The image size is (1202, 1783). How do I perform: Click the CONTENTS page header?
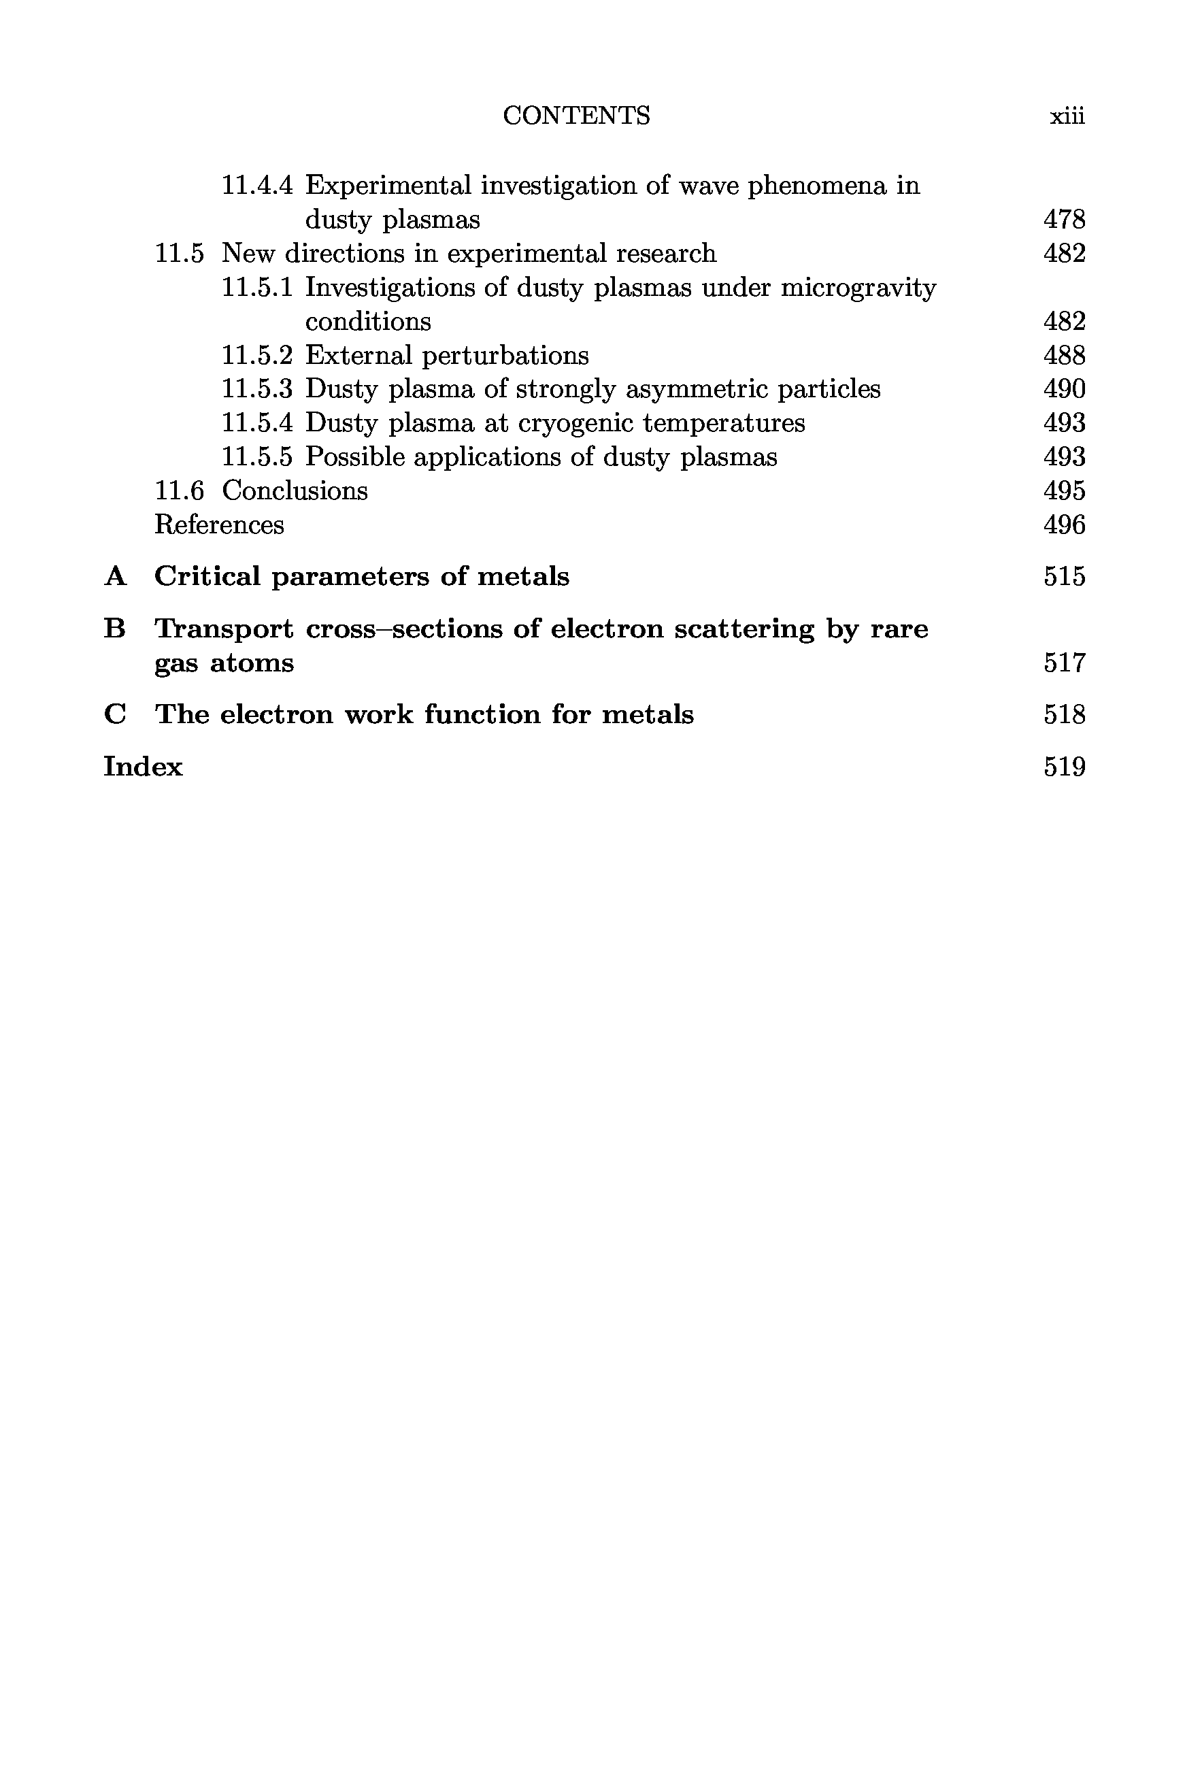click(575, 116)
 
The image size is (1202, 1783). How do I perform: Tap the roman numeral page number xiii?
click(1067, 116)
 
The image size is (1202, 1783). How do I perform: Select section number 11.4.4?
click(257, 186)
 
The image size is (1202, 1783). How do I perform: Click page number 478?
click(1064, 220)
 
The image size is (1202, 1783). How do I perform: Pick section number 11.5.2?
click(257, 356)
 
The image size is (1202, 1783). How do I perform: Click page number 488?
click(1064, 356)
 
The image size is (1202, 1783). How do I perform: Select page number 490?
click(1064, 389)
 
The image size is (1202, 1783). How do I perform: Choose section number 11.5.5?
click(257, 457)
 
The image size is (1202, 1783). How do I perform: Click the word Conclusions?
click(295, 490)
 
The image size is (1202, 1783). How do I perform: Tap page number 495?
click(1064, 490)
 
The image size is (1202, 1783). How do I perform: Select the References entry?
click(219, 525)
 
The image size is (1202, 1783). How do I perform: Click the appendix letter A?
click(115, 576)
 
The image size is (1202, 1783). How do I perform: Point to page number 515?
click(1064, 576)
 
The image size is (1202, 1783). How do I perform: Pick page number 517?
click(1064, 663)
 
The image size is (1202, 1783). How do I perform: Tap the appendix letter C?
click(115, 715)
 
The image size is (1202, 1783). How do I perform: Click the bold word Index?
click(144, 767)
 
